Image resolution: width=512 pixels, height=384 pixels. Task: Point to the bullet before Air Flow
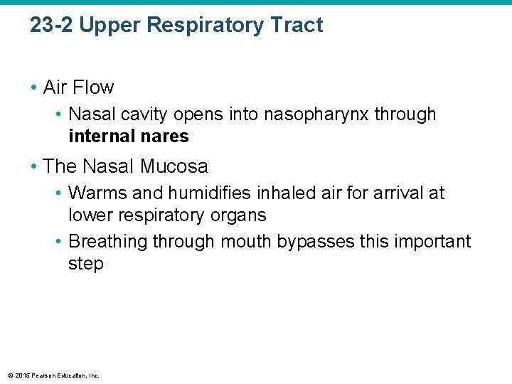[34, 87]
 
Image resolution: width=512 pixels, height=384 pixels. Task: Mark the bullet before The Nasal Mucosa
[34, 166]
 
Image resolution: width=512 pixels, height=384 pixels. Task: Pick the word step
[86, 264]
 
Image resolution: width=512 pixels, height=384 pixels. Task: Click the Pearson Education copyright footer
[53, 375]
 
